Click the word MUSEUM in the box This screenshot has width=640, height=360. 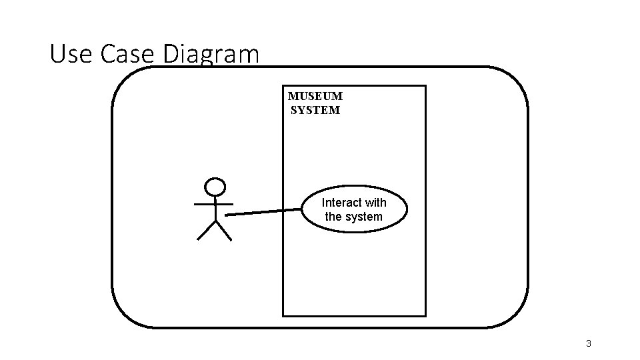coord(315,96)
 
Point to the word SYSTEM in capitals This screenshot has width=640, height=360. coord(315,110)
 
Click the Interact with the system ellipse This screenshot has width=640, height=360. coord(354,209)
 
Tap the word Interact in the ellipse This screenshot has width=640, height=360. coord(342,202)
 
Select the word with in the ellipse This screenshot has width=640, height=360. coord(376,202)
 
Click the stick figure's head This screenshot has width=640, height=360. coord(215,187)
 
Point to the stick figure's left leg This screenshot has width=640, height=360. coord(206,230)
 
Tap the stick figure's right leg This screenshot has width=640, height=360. coord(223,230)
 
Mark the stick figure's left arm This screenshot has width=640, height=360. coord(203,203)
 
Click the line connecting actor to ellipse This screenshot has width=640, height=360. coord(263,212)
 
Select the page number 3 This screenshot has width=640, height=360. coord(588,344)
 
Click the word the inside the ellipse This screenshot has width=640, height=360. coord(333,217)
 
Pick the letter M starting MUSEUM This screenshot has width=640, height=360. coord(293,96)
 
